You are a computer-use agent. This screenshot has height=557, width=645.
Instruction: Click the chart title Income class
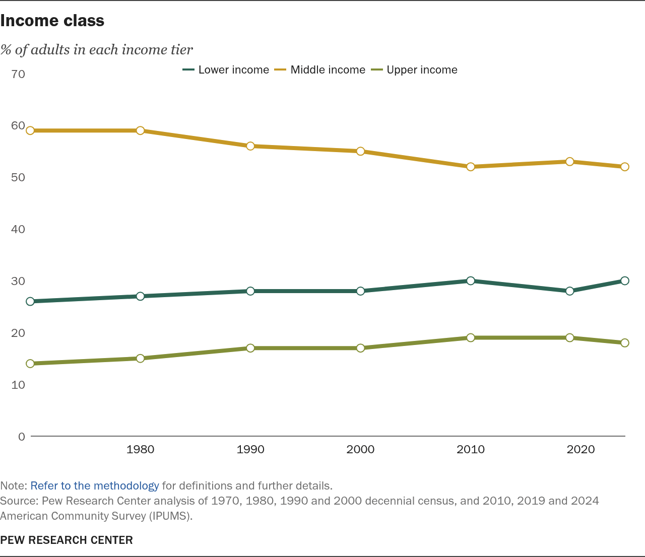click(x=52, y=21)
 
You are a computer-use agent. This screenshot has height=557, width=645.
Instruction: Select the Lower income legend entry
click(x=226, y=69)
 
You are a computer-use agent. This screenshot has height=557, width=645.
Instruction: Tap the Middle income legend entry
click(x=320, y=69)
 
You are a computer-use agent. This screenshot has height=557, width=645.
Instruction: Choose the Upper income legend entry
click(x=414, y=69)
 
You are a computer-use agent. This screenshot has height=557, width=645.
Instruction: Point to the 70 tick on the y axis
click(x=18, y=74)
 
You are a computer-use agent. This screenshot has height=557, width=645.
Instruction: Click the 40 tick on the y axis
click(x=18, y=229)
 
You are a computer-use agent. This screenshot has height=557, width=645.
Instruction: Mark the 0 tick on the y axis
click(x=22, y=437)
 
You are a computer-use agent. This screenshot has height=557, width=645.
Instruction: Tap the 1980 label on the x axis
click(x=141, y=449)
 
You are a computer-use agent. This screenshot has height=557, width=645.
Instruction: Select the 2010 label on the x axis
click(x=471, y=449)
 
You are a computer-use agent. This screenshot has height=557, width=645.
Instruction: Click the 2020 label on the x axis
click(x=580, y=449)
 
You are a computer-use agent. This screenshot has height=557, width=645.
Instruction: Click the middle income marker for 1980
click(x=141, y=130)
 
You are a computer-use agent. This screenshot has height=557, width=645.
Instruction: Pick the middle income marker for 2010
click(x=471, y=167)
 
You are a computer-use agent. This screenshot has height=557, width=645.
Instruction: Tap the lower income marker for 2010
click(x=471, y=281)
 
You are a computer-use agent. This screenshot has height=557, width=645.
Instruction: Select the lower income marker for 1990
click(x=250, y=291)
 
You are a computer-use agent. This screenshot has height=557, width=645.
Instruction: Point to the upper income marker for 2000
click(x=360, y=348)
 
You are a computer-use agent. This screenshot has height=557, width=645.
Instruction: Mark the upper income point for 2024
click(x=625, y=343)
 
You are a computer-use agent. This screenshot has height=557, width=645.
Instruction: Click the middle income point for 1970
click(x=30, y=130)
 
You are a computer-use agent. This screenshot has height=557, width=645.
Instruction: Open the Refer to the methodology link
click(x=95, y=486)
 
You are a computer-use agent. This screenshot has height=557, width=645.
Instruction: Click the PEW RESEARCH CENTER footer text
click(x=67, y=540)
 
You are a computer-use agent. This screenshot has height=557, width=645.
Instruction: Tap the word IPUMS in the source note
click(x=169, y=516)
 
